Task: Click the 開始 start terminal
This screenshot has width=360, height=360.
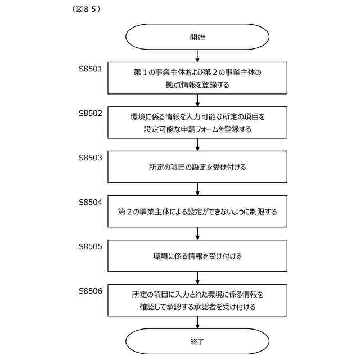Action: point(197,37)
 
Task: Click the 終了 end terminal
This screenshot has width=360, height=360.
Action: point(197,341)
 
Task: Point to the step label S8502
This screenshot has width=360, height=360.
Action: point(90,113)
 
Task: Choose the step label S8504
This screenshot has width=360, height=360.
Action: point(90,201)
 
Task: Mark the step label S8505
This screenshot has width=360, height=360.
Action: point(90,246)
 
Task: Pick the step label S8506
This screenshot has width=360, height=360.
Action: point(90,290)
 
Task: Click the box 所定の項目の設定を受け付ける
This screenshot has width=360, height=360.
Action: point(197,167)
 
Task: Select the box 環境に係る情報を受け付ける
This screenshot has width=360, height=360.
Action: point(197,256)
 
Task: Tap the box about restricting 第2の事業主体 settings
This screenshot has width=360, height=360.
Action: point(197,211)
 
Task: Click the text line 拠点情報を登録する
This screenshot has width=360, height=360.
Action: point(197,85)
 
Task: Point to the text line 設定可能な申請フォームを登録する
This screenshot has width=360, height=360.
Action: point(197,129)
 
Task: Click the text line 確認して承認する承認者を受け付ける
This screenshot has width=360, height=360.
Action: point(197,307)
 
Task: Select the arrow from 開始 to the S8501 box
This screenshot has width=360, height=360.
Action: point(197,56)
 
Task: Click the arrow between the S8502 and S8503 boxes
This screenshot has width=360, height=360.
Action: point(197,145)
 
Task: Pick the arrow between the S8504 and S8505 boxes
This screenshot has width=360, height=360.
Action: point(197,233)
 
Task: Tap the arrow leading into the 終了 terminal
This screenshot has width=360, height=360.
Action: point(197,322)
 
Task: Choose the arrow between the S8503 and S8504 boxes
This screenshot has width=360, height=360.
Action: point(197,189)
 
